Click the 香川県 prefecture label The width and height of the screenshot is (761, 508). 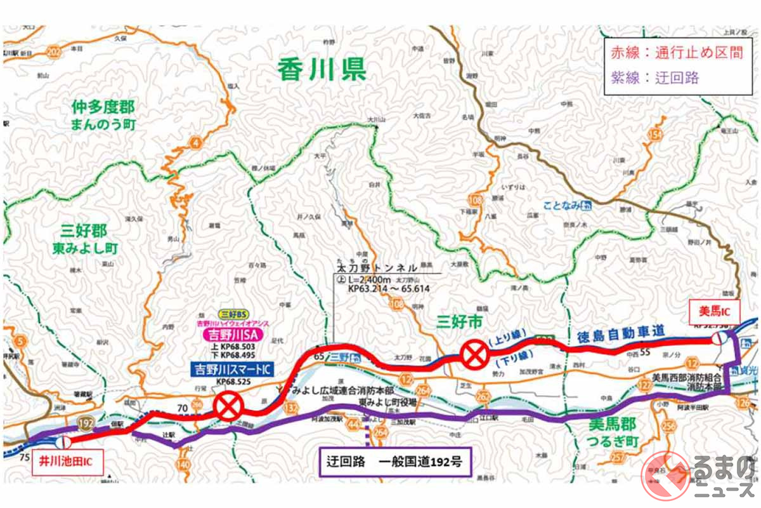coord(322,69)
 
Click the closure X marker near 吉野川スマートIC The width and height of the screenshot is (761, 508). coord(227,404)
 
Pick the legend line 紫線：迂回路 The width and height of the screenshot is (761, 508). coord(654,77)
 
